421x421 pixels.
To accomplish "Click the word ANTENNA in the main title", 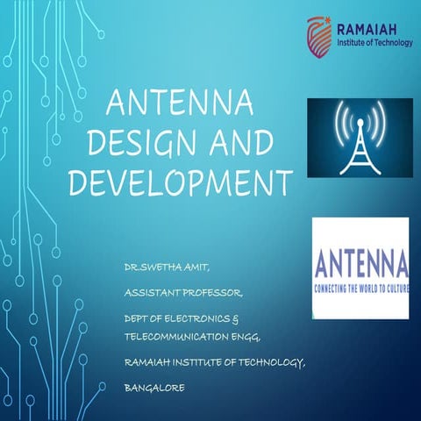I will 179,104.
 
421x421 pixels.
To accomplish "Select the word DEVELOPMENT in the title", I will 179,182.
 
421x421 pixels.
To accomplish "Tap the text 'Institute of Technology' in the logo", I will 373,42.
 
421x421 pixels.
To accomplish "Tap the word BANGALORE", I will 154,386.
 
